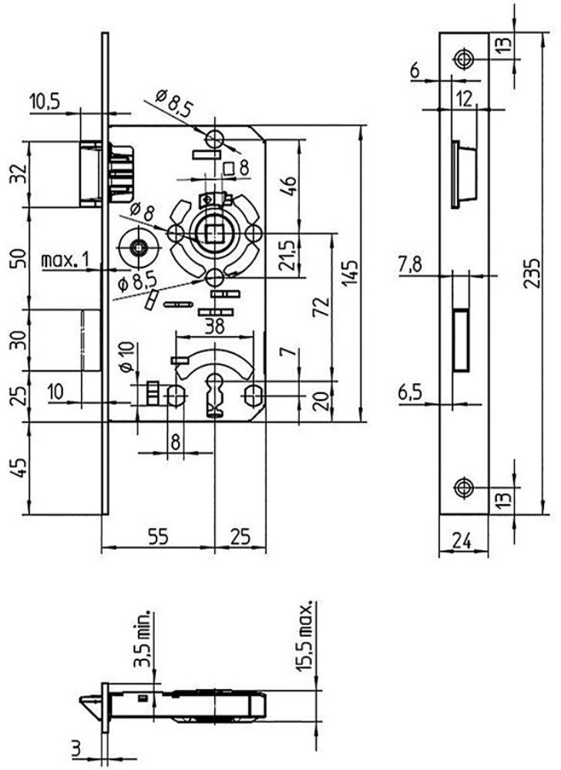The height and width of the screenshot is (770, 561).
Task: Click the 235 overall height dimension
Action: [x=531, y=273]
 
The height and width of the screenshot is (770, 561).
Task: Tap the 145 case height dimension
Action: [x=351, y=274]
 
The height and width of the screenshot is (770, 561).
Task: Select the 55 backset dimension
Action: [x=158, y=536]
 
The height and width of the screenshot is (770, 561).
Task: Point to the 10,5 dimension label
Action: [x=44, y=102]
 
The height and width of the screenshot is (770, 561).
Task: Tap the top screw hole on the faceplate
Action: [x=463, y=59]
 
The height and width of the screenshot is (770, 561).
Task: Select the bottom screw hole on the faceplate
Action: [x=463, y=488]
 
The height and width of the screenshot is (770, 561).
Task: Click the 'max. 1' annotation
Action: [x=66, y=260]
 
